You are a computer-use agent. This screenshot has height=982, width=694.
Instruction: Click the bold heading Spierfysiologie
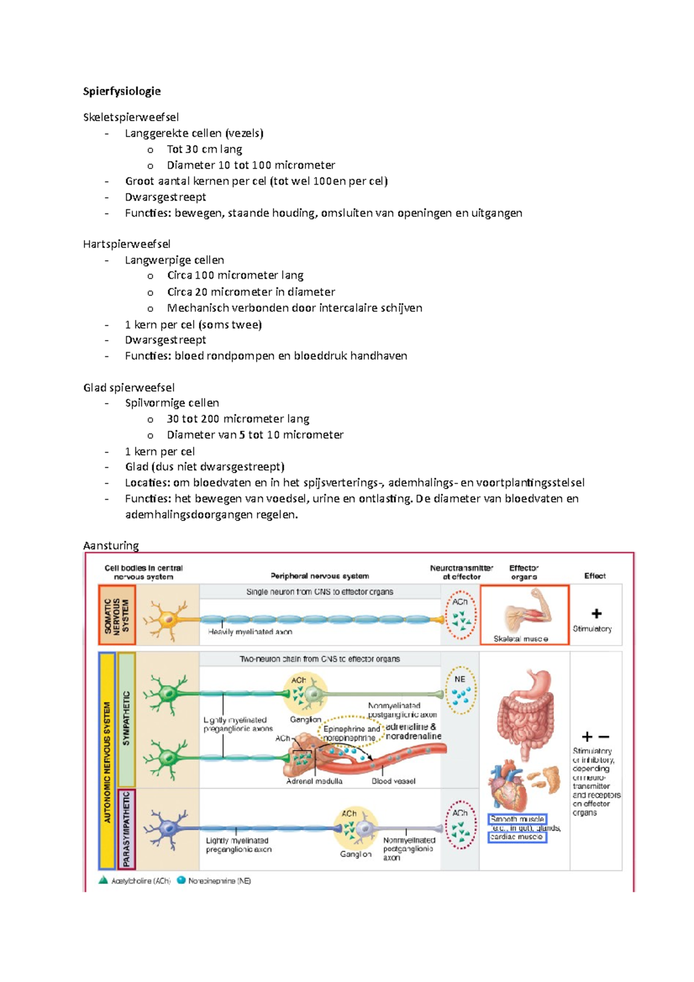point(122,91)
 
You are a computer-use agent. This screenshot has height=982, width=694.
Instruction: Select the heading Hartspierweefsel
point(127,244)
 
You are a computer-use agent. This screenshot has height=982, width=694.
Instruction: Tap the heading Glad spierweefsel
point(129,387)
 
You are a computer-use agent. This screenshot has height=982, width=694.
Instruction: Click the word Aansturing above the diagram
point(111,545)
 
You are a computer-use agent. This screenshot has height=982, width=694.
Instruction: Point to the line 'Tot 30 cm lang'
point(204,149)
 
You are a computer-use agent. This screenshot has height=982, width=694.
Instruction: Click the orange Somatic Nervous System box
point(117,614)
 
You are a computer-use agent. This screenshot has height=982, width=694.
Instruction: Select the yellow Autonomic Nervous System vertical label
point(107,761)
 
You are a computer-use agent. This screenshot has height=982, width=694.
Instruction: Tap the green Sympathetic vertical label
point(127,719)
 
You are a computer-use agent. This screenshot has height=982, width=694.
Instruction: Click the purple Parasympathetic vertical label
point(127,829)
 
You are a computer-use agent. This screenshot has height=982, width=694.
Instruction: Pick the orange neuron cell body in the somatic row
point(168,619)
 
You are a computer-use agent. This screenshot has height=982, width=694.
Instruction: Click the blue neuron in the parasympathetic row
point(168,828)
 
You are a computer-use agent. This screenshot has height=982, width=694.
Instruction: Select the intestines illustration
point(526,714)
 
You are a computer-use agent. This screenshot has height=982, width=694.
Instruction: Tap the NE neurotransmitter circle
point(461,690)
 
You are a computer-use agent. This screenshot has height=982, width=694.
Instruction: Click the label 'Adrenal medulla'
point(314,781)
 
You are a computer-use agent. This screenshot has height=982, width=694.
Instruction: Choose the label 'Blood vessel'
point(393,781)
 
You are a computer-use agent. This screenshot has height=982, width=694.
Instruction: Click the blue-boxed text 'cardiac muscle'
point(516,837)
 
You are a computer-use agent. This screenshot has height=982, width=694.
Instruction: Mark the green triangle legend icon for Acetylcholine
point(104,880)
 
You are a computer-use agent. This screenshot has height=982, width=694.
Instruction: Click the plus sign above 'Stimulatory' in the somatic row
point(596,614)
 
